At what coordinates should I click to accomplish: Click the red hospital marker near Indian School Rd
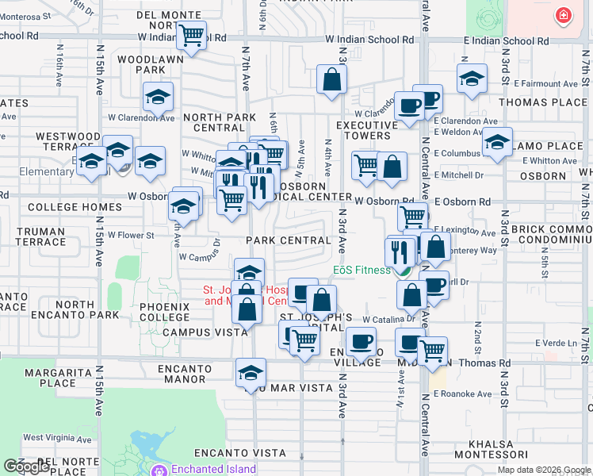[x=563, y=15]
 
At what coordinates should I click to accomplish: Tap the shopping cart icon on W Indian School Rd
[x=191, y=35]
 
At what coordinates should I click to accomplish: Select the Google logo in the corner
[x=26, y=466]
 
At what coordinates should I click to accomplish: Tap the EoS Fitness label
[x=361, y=270]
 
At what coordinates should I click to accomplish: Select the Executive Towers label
[x=366, y=130]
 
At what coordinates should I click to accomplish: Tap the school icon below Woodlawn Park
[x=158, y=97]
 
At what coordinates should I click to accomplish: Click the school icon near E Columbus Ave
[x=497, y=143]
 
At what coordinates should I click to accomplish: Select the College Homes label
[x=64, y=207]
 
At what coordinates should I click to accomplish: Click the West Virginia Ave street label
[x=55, y=437]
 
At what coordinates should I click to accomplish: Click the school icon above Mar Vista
[x=251, y=373]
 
